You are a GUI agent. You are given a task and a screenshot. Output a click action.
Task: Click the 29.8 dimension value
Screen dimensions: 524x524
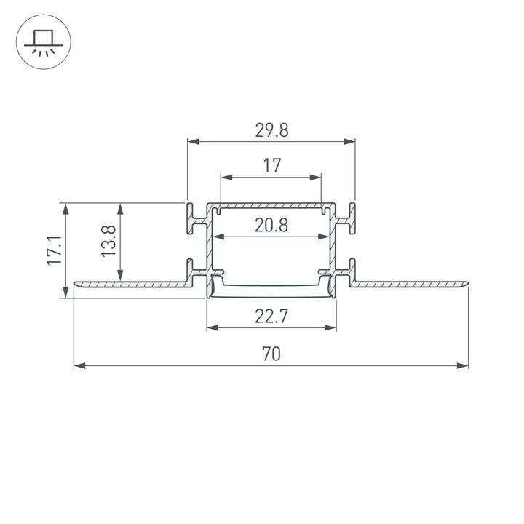271,130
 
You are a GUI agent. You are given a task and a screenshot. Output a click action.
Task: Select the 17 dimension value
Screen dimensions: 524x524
271,166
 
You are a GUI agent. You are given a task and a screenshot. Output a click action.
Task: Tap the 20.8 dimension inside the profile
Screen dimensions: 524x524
271,226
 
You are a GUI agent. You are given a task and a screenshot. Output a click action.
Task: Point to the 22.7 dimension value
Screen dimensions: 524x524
271,316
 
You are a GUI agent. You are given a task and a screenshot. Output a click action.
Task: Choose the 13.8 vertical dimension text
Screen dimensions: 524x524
108,242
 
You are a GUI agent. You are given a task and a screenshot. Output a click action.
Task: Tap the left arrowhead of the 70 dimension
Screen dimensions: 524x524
79,365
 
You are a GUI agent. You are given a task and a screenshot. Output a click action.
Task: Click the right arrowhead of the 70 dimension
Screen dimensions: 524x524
463,365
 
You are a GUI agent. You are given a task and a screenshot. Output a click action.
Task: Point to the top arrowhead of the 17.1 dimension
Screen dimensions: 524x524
66,208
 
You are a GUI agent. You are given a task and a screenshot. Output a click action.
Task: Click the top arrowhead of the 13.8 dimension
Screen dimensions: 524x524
120,208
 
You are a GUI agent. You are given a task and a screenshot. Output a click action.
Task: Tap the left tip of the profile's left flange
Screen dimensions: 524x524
76,283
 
